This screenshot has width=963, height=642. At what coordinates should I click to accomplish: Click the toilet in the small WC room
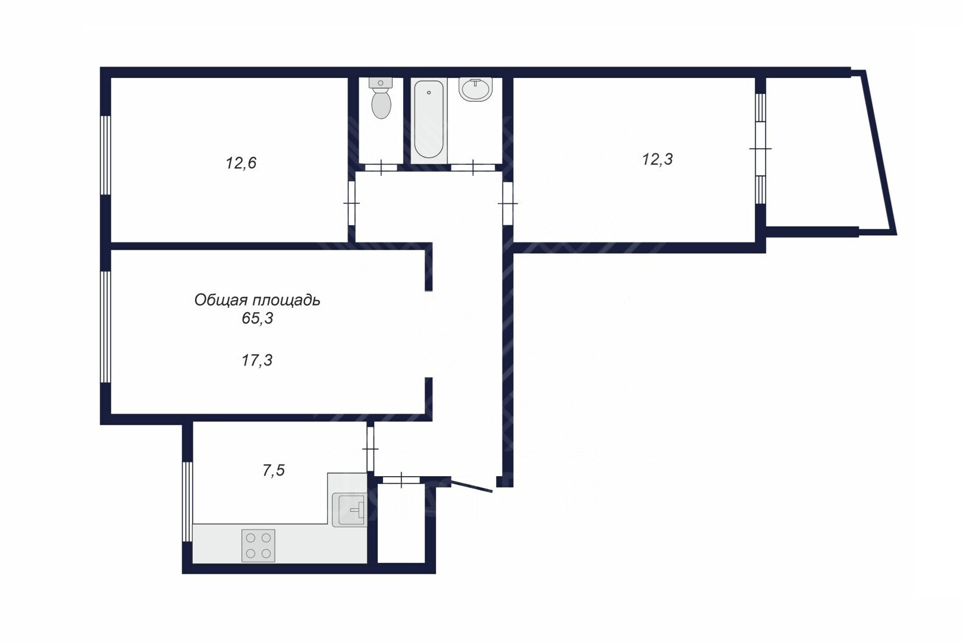tap(381, 98)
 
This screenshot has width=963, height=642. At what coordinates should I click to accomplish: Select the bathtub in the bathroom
tap(429, 119)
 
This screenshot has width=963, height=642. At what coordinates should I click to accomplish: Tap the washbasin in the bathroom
tap(475, 89)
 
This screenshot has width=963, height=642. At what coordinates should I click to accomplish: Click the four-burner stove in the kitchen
tap(258, 545)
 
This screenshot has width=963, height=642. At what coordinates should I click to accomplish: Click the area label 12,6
tap(241, 163)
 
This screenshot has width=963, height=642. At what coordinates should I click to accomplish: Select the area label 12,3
tap(657, 159)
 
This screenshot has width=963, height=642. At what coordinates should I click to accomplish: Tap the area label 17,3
tap(257, 360)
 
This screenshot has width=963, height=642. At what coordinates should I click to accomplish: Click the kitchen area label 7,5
tap(274, 471)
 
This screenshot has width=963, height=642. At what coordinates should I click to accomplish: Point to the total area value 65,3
tap(258, 319)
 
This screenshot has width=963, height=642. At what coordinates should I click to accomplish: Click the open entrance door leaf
tap(471, 485)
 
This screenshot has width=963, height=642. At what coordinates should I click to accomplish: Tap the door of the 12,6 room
tap(352, 203)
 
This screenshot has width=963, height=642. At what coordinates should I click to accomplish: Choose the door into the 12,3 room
tap(508, 203)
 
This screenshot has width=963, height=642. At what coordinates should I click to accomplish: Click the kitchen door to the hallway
tap(370, 449)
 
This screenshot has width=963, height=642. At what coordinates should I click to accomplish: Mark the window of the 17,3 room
tap(106, 326)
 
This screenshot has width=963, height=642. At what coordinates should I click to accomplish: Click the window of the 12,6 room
tap(106, 155)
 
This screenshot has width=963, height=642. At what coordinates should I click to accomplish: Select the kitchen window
tap(187, 502)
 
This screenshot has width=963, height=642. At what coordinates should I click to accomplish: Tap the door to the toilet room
tap(381, 168)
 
